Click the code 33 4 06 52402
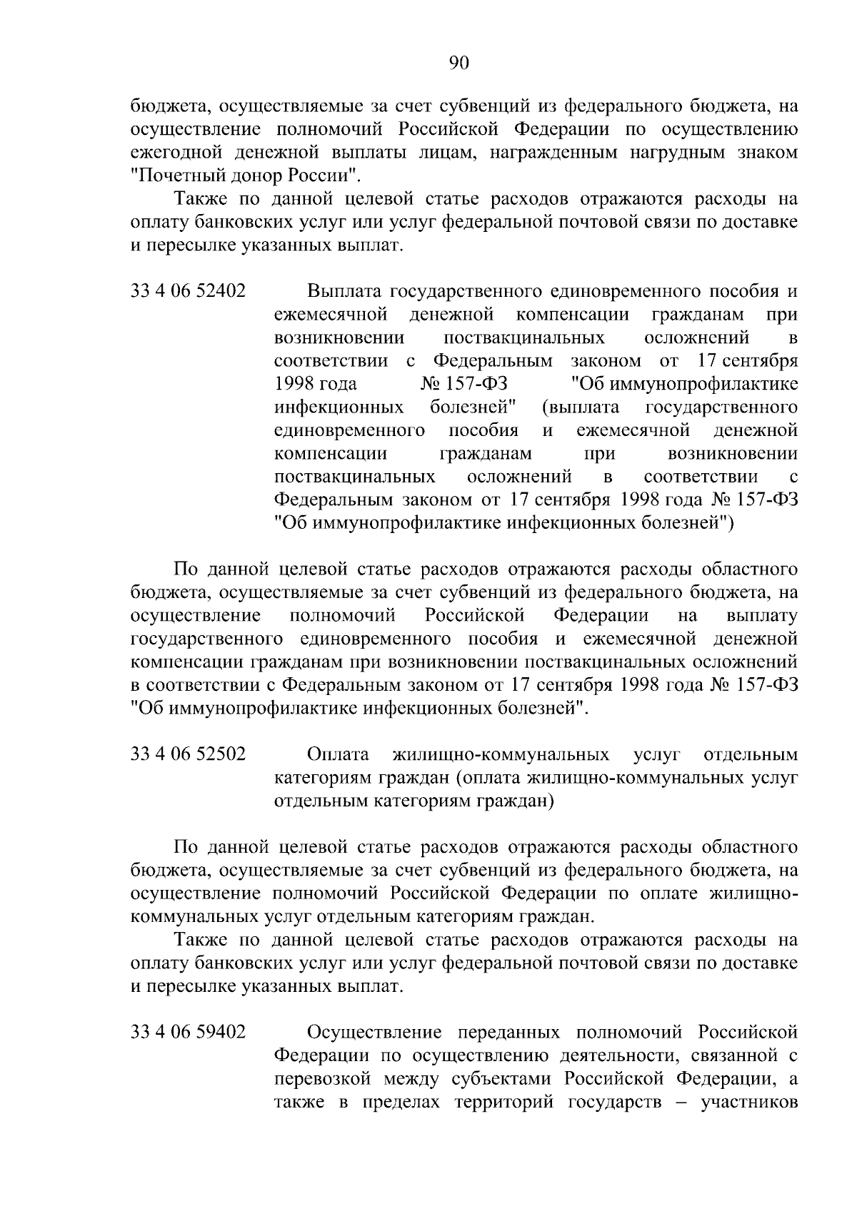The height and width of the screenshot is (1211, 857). [188, 292]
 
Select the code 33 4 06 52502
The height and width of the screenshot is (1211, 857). [188, 754]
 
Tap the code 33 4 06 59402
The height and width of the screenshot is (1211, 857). [188, 1032]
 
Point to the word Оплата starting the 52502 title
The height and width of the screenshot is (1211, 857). [338, 754]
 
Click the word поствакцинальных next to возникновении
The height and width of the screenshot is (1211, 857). [524, 338]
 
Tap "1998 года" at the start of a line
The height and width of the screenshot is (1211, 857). [316, 384]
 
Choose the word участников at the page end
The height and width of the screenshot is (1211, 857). [750, 1101]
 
